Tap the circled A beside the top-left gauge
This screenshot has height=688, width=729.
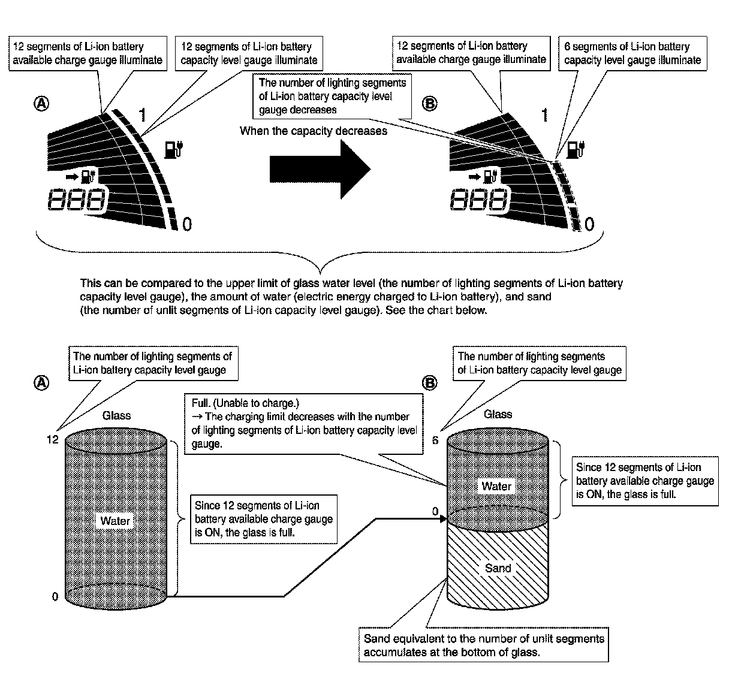coord(41,104)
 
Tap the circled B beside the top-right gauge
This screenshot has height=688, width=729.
coord(429,104)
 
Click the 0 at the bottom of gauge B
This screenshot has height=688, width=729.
coord(589,225)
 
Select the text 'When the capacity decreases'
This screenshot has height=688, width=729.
coord(313,131)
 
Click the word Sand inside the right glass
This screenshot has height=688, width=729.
coord(498,568)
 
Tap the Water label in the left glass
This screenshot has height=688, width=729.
coord(115,521)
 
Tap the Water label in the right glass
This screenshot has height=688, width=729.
coord(496,486)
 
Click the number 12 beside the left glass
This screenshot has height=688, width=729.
coord(52,440)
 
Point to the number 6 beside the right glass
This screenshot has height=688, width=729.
coord(436,440)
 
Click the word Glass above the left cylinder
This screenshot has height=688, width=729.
coord(116,415)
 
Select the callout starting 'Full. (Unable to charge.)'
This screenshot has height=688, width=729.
coord(303,423)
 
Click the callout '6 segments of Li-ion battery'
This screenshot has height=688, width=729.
coord(632,53)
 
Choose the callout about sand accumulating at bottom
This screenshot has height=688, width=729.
coord(484,645)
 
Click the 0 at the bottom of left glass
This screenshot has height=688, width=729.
coord(55,597)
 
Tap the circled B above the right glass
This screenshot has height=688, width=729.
coord(429,383)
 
